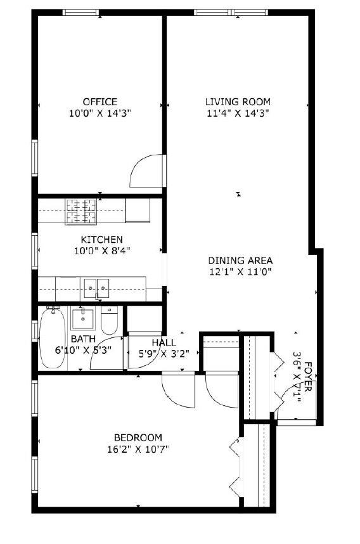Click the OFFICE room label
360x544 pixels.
tap(100, 101)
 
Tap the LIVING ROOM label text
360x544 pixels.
tap(238, 101)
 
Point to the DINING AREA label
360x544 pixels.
tap(240, 260)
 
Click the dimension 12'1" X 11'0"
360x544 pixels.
tap(240, 271)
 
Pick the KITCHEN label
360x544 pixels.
tap(101, 239)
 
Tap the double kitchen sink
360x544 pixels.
tap(95, 288)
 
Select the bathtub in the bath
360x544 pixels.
tap(52, 338)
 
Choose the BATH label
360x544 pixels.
tap(82, 339)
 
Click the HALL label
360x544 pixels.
tap(164, 342)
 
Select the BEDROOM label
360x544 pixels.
tap(138, 437)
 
